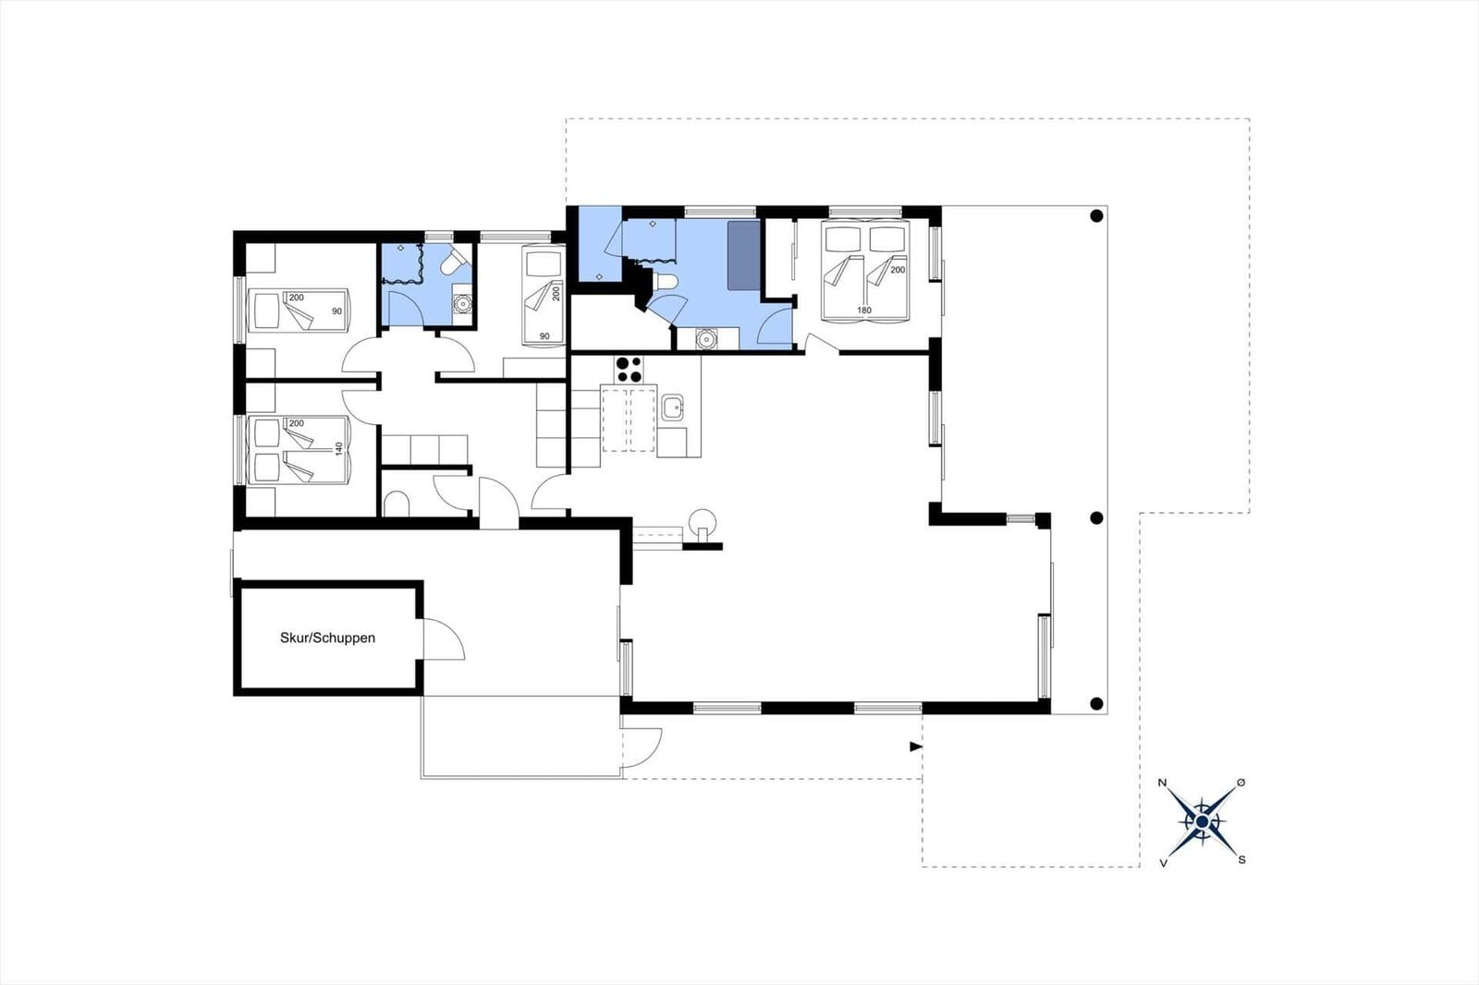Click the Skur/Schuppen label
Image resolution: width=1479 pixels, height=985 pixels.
tap(327, 638)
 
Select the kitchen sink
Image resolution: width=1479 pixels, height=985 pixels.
tap(672, 407)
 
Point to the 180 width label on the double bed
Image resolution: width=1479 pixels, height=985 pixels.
tap(864, 310)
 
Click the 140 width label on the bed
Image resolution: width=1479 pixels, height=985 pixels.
tap(338, 448)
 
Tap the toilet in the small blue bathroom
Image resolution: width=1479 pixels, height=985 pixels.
tap(452, 264)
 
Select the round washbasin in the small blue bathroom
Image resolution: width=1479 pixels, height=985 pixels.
tap(461, 301)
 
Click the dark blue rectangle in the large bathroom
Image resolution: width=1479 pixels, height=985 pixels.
tap(742, 256)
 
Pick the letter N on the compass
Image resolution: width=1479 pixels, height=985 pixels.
tap(1163, 784)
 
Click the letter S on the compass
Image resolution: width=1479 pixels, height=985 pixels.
tap(1241, 859)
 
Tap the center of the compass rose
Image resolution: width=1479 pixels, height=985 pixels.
tap(1202, 821)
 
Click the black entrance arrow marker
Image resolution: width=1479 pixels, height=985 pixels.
tap(916, 747)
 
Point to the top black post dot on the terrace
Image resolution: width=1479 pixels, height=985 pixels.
tap(1096, 216)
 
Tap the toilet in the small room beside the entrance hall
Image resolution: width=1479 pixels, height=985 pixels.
tap(397, 505)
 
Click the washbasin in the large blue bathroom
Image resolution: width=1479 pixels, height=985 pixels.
tap(706, 339)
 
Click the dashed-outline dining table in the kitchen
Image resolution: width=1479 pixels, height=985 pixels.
tap(629, 420)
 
